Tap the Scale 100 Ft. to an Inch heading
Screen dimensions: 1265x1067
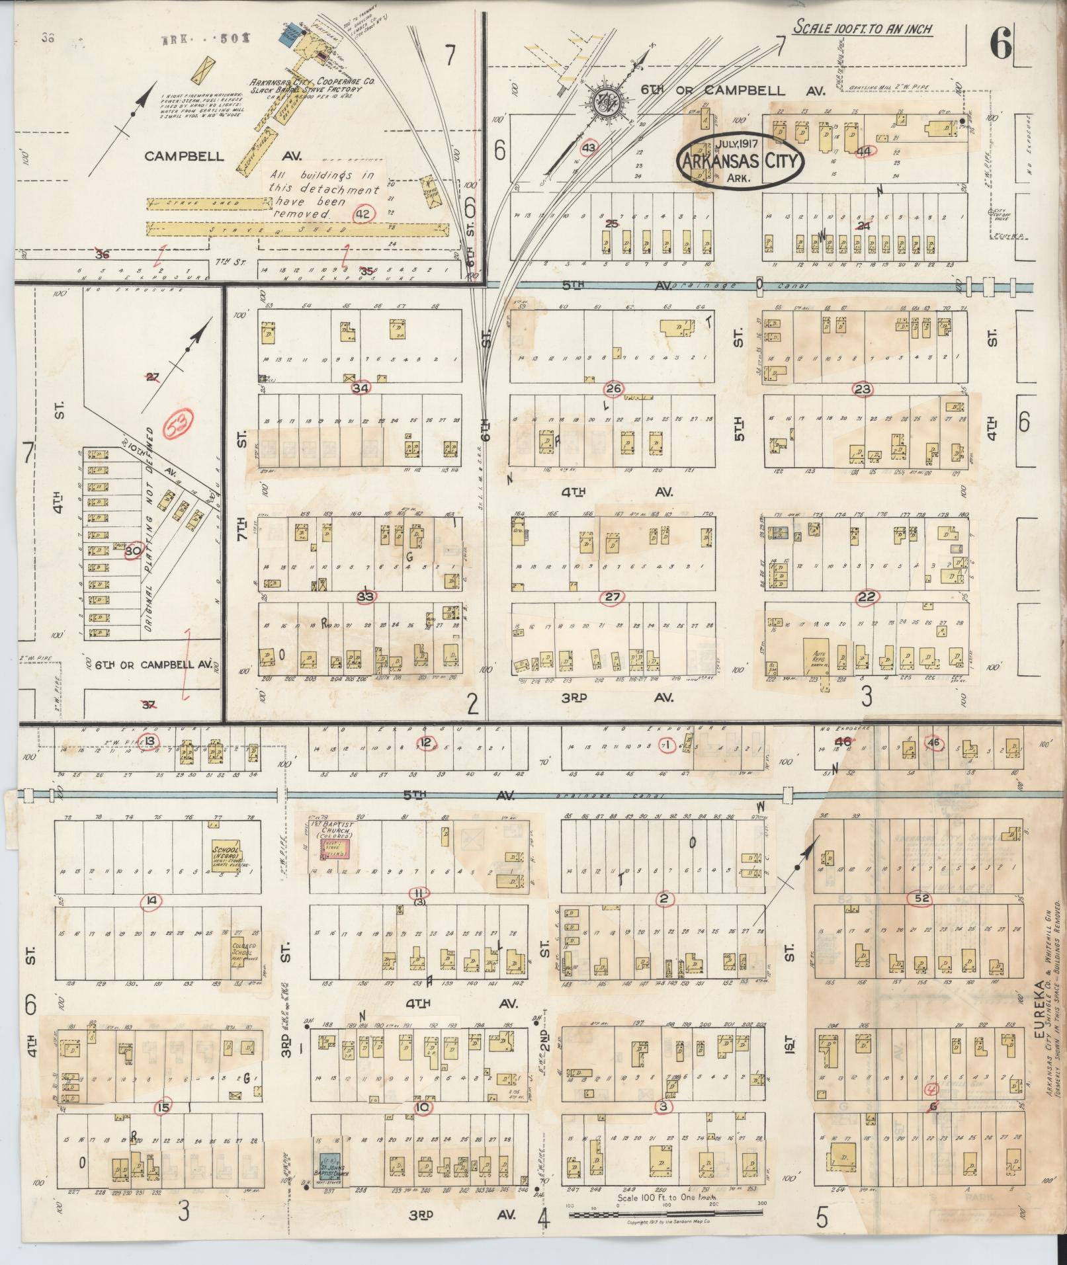click(x=863, y=28)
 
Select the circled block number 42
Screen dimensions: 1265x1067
click(x=363, y=214)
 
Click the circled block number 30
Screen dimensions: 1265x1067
click(x=133, y=550)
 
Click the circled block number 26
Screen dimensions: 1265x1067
click(x=613, y=389)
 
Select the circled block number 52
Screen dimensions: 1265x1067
click(x=919, y=898)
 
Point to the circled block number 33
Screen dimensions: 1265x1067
click(x=365, y=596)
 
